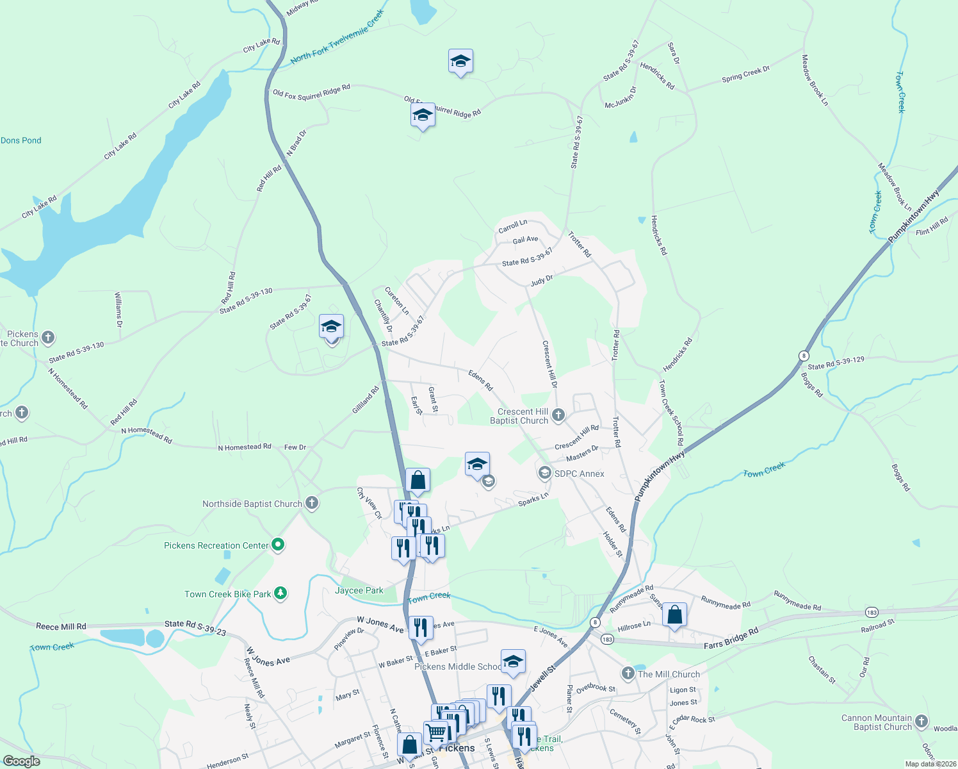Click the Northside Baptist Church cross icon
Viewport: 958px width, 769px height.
click(312, 503)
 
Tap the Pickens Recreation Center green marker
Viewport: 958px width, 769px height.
click(278, 545)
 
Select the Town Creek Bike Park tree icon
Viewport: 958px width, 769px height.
click(280, 593)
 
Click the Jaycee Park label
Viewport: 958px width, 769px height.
click(359, 590)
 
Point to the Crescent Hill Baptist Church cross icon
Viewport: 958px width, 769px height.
click(558, 415)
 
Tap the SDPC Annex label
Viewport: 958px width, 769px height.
click(579, 474)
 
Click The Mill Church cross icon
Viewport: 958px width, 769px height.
click(628, 674)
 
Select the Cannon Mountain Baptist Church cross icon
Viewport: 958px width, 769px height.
click(921, 722)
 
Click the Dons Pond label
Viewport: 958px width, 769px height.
click(21, 140)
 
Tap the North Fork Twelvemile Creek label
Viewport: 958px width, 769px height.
click(337, 37)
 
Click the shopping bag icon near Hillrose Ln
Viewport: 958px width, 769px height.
click(674, 615)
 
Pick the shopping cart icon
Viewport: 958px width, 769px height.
click(436, 731)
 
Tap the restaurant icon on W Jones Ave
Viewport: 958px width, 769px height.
click(420, 627)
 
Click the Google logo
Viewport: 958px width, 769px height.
click(22, 761)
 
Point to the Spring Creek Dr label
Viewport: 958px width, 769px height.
click(745, 74)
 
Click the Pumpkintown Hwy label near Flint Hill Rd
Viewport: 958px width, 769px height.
click(914, 215)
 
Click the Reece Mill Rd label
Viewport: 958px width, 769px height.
click(61, 626)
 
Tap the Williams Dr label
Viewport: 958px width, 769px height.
click(118, 310)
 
